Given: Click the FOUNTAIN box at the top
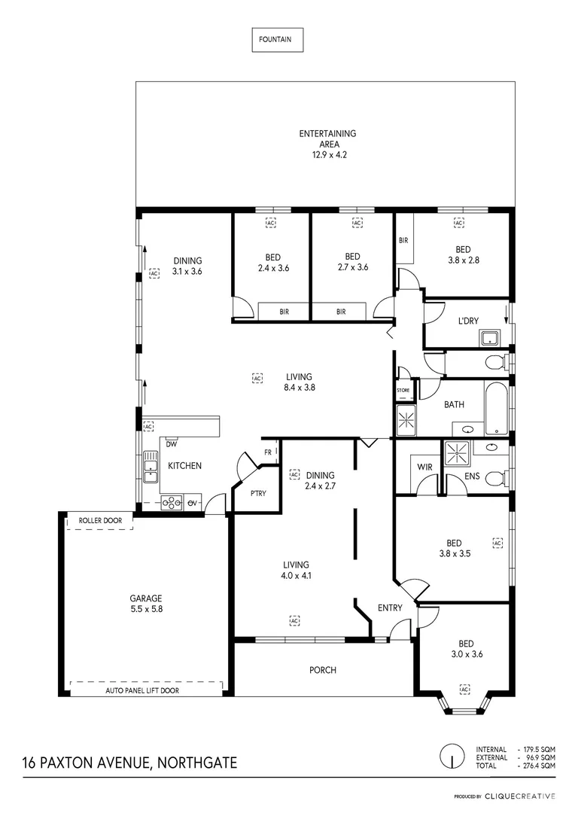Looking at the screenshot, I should (x=277, y=40).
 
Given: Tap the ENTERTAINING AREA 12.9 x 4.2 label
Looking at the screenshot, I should (x=327, y=144).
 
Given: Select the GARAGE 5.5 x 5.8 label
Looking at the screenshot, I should (x=146, y=604).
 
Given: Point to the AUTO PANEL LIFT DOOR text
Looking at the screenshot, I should (x=142, y=690).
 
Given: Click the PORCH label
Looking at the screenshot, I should (x=323, y=669).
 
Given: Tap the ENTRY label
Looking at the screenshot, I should (x=390, y=608).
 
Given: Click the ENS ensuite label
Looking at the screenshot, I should (x=473, y=476).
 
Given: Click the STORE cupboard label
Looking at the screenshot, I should (x=403, y=390).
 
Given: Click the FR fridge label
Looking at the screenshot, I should (x=267, y=452).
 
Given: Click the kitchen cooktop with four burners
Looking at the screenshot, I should (x=171, y=502).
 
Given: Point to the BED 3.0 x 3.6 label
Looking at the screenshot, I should (x=466, y=649).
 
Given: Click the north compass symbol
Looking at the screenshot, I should (x=452, y=757).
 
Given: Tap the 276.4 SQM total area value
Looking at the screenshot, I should (x=537, y=766).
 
